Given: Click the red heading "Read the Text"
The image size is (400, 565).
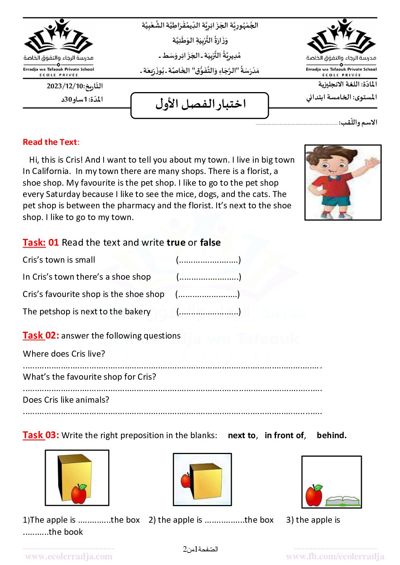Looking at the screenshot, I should point(50,142).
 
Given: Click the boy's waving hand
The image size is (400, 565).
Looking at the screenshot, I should point(373,163).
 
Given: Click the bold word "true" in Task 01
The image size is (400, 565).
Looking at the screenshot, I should point(176,243).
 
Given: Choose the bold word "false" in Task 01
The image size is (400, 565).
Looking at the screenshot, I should point(210,243).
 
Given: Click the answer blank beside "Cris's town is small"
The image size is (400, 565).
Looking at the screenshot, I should point(208,260).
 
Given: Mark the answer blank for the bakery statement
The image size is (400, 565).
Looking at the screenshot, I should point(208,312).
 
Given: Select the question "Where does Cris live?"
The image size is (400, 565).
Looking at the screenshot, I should point(64,354).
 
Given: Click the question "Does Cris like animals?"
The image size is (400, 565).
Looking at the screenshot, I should point(66,400).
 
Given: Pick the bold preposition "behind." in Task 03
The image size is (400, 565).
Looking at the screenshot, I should point(332,436).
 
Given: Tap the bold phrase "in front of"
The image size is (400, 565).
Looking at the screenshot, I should point(284,436).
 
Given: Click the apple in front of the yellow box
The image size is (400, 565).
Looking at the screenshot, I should point(79,494).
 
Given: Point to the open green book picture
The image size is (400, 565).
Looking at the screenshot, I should point(343,501).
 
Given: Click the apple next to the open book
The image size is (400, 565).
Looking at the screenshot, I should point(314,495).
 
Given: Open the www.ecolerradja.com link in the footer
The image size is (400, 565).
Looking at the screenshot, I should point(69,557).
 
